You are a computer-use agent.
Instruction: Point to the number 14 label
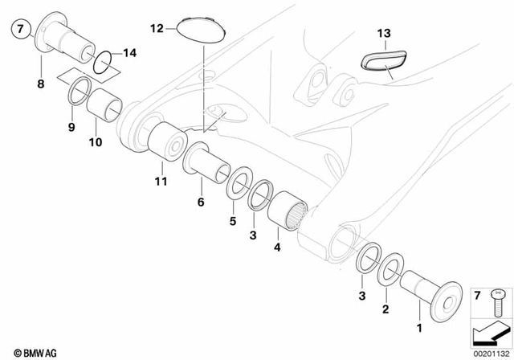click(130, 55)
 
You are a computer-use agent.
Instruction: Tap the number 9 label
click(71, 126)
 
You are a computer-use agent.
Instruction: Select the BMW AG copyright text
click(27, 350)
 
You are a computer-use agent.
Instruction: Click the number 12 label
click(156, 28)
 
